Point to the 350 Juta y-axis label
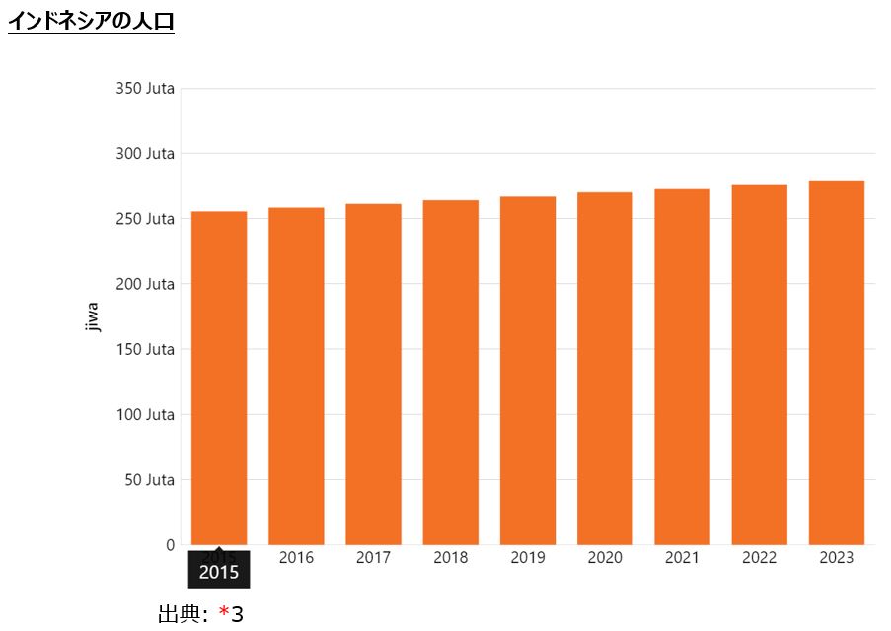pos(145,89)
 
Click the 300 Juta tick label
pos(145,154)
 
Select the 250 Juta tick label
pos(145,219)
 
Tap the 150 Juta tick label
pos(145,349)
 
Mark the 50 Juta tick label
pos(149,480)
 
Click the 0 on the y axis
pos(170,545)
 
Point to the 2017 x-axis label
pos(373,558)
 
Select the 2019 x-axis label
pos(528,558)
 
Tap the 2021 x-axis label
pos(682,558)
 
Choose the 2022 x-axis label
pos(760,558)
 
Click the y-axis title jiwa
pos(93,316)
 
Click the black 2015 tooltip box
pos(219,571)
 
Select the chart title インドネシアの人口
pos(91,21)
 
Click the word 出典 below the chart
pos(180,615)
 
